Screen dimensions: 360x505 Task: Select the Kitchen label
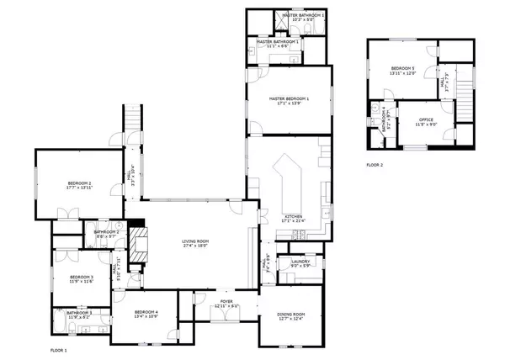click(293, 216)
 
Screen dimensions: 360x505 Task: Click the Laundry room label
click(301, 261)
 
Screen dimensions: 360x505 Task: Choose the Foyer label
click(226, 300)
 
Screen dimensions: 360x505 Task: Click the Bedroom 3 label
click(81, 277)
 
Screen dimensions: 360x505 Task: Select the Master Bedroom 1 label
click(289, 98)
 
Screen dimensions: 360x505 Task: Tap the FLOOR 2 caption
click(374, 165)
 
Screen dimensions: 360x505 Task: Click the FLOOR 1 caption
click(58, 348)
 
